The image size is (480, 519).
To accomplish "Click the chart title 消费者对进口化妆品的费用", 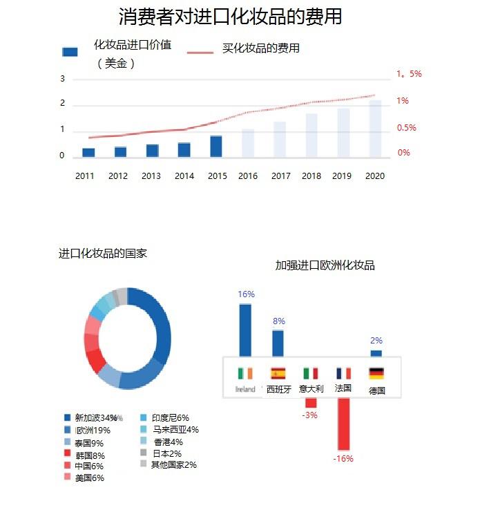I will click(230, 17).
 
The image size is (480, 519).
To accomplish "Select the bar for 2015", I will click(216, 146).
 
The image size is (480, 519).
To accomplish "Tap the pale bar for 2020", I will click(375, 129).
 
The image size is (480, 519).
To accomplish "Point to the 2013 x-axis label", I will click(151, 176).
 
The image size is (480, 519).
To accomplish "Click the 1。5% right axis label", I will click(409, 73).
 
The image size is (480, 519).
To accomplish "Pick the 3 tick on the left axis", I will click(62, 79).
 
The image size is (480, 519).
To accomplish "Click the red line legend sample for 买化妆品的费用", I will click(201, 52).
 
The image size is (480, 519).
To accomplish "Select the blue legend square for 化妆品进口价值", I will click(70, 52).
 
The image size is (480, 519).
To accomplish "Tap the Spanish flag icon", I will click(278, 373).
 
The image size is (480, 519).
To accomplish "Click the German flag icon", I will click(376, 373).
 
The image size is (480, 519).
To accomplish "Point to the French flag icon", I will click(343, 373).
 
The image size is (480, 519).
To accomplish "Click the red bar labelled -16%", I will click(343, 425).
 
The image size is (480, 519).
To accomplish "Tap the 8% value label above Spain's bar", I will click(279, 321).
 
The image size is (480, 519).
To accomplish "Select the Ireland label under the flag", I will click(245, 389).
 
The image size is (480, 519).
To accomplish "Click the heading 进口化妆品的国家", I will click(103, 254).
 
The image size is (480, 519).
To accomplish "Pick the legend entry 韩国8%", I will click(90, 455).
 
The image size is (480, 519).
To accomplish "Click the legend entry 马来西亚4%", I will click(175, 430).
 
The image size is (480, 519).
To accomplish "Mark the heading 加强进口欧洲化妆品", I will click(325, 265).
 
